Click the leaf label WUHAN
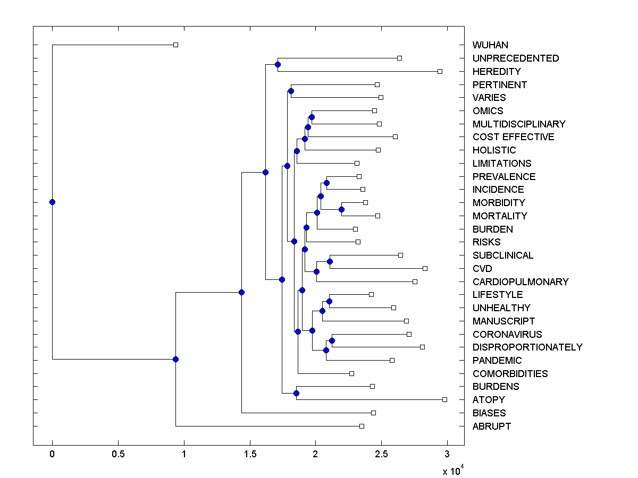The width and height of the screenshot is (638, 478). [490, 45]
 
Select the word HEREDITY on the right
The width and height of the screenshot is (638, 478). [497, 72]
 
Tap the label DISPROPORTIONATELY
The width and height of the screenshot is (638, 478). [527, 347]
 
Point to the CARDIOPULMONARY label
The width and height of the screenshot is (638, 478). [521, 282]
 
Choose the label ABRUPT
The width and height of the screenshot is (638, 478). [492, 426]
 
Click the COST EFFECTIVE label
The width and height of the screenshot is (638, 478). [513, 137]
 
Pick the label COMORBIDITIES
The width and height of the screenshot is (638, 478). [510, 374]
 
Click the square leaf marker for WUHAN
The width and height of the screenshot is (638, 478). [176, 45]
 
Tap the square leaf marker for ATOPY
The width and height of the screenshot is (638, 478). [445, 399]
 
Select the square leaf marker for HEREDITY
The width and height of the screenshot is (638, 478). [440, 71]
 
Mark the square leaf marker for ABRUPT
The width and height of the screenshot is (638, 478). [362, 426]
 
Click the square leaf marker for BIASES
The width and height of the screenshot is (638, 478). [373, 413]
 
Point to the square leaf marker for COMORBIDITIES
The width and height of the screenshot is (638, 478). [351, 373]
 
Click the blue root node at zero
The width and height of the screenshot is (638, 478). [52, 202]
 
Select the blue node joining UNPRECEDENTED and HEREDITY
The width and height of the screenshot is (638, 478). [278, 64]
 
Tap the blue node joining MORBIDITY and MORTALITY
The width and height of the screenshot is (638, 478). [341, 209]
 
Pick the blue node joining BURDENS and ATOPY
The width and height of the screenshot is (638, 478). [296, 393]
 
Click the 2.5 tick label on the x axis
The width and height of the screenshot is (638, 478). [381, 455]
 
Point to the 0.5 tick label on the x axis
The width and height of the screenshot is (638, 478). [118, 455]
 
